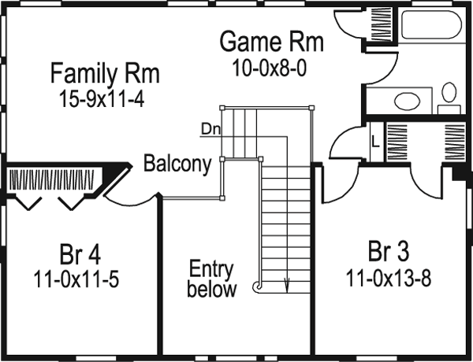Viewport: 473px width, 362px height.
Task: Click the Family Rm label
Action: (x=105, y=75)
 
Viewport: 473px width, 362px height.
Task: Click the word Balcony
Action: (x=177, y=164)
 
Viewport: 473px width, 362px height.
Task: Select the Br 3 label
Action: (x=388, y=253)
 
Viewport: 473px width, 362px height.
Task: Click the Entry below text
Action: (x=211, y=279)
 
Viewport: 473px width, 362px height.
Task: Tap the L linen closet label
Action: (x=374, y=142)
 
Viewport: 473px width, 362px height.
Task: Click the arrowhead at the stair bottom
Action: (x=287, y=288)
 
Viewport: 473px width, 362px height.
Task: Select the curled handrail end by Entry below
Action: (x=258, y=289)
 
